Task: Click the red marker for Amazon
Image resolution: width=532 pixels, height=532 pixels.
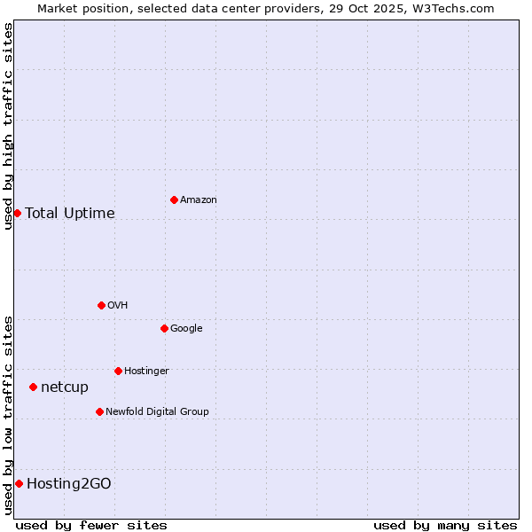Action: pyautogui.click(x=174, y=199)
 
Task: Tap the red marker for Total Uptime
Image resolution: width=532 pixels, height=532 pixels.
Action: pyautogui.click(x=17, y=213)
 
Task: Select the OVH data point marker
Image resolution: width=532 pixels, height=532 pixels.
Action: pyautogui.click(x=101, y=305)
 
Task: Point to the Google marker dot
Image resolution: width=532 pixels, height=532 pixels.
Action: pyautogui.click(x=164, y=328)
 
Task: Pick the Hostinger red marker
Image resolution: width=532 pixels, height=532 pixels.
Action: pyautogui.click(x=118, y=371)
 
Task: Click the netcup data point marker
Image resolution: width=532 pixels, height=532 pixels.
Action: pyautogui.click(x=33, y=387)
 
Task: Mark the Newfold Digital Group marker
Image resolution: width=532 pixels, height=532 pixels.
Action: pyautogui.click(x=99, y=411)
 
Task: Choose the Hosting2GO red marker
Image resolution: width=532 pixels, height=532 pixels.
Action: pyautogui.click(x=19, y=483)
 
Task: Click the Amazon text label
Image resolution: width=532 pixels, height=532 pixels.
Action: pyautogui.click(x=199, y=200)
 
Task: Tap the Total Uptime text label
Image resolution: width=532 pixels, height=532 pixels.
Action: pyautogui.click(x=70, y=213)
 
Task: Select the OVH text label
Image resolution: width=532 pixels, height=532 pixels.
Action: pyautogui.click(x=118, y=306)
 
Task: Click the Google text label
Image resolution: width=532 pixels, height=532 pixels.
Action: pyautogui.click(x=186, y=329)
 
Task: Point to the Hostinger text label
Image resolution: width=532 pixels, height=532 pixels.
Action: pyautogui.click(x=146, y=371)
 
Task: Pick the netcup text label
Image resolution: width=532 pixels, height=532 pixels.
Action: pyautogui.click(x=65, y=387)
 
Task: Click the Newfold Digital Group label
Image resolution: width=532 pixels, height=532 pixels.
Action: pyautogui.click(x=157, y=411)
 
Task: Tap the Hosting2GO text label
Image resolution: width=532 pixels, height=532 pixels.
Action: pyautogui.click(x=69, y=483)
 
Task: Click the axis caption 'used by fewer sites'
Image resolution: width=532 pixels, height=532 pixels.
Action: pyautogui.click(x=91, y=525)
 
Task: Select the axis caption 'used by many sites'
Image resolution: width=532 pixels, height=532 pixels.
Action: pyautogui.click(x=445, y=525)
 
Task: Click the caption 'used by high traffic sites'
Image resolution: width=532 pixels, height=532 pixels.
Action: pyautogui.click(x=8, y=126)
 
